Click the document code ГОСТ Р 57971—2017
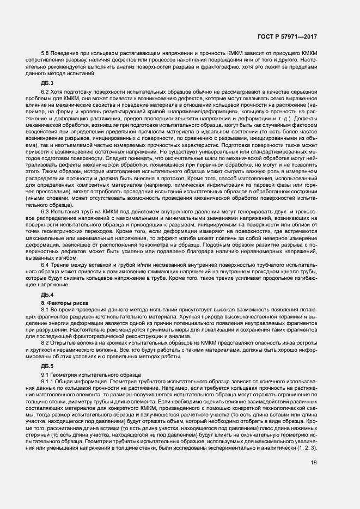tap(288, 36)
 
